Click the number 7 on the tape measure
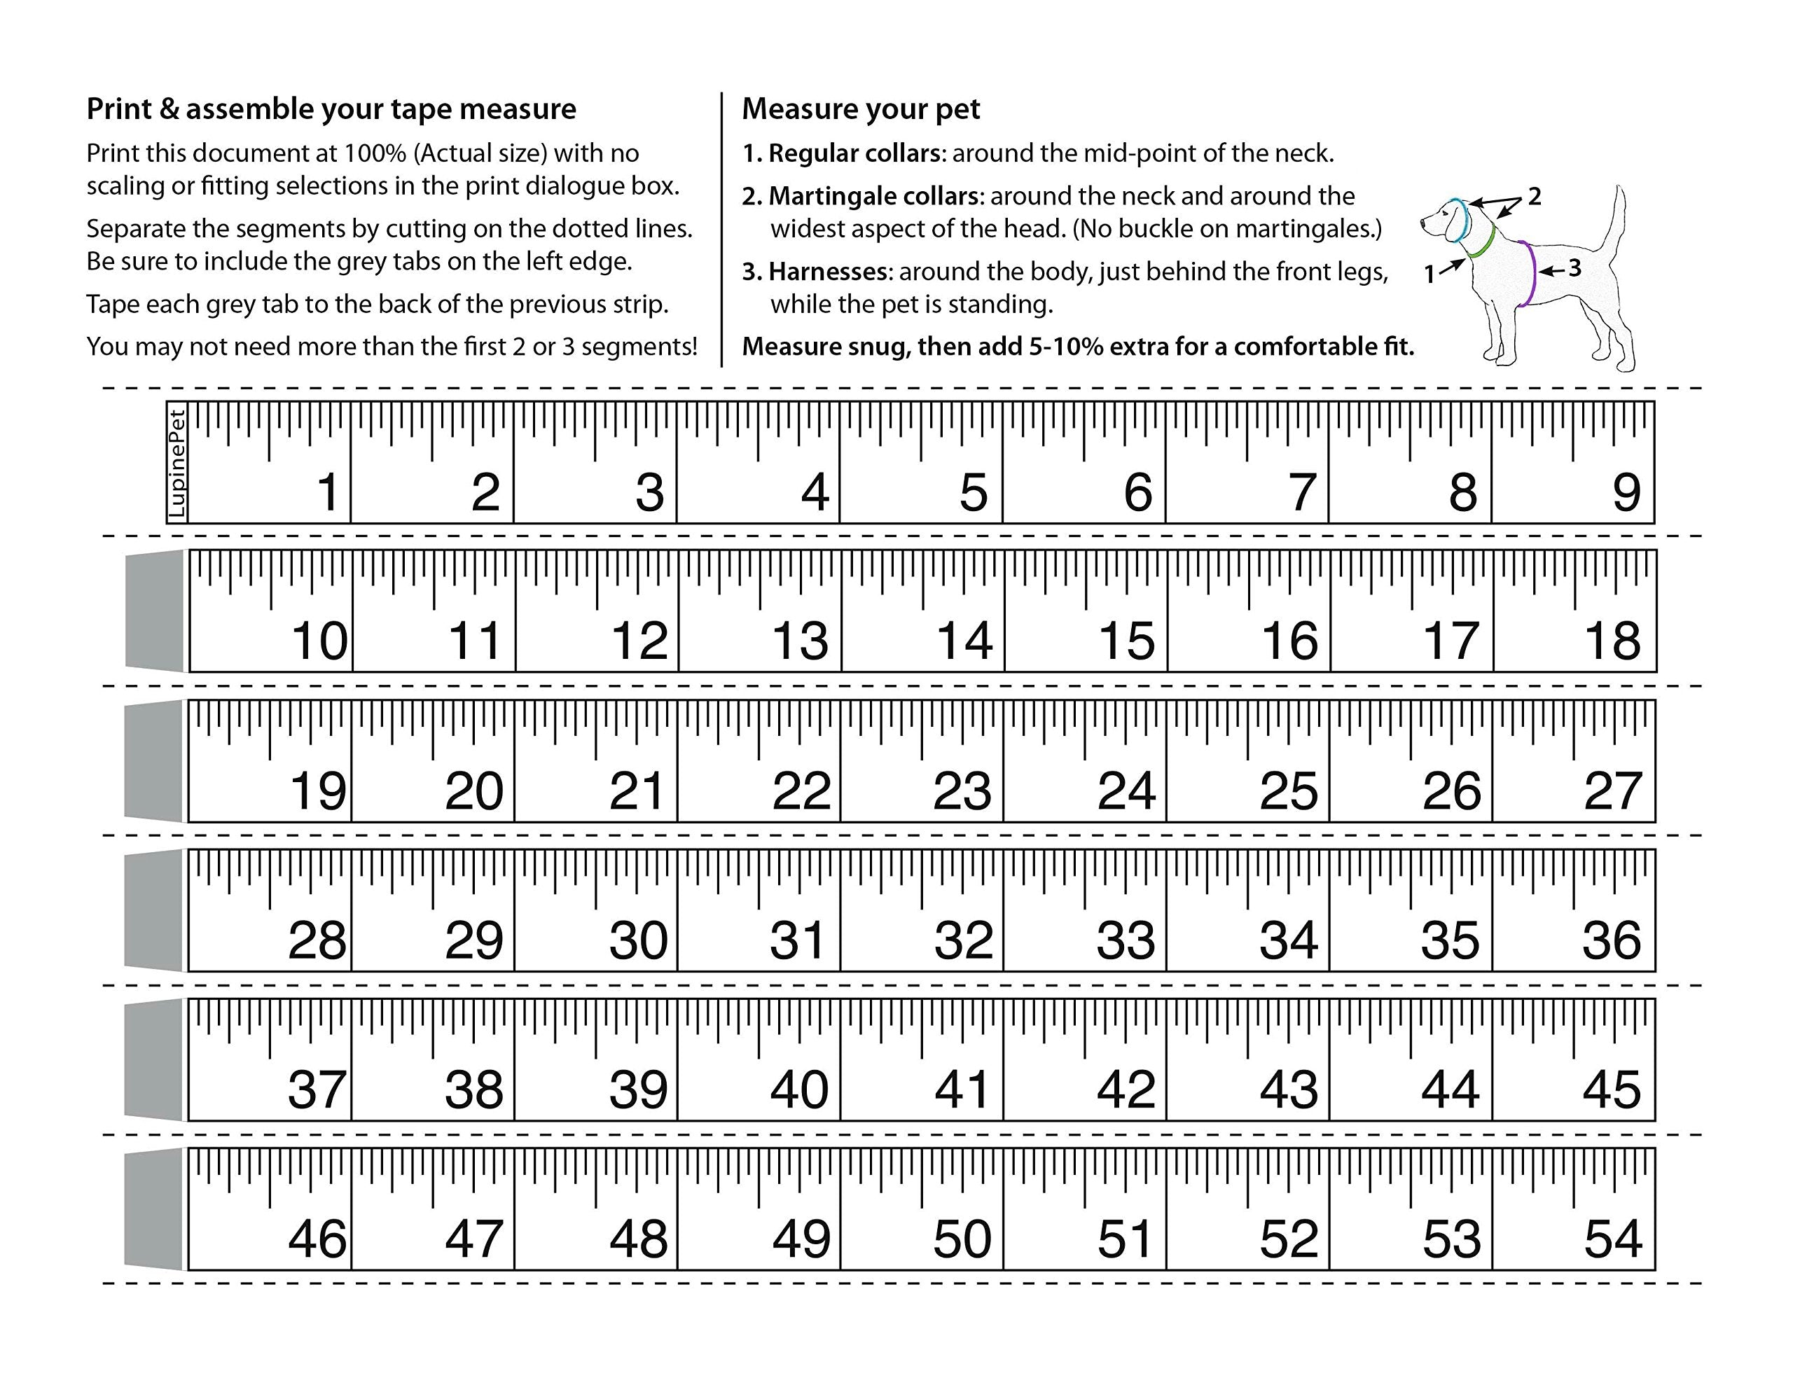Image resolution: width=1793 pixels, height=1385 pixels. click(x=1301, y=492)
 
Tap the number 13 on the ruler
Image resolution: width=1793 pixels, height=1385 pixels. click(x=801, y=641)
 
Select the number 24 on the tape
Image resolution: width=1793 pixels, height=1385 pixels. click(x=1126, y=791)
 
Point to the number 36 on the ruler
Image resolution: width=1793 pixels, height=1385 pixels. click(x=1612, y=941)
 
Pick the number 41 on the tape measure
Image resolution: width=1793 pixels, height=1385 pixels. click(x=962, y=1090)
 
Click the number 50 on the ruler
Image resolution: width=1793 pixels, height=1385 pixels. click(x=962, y=1239)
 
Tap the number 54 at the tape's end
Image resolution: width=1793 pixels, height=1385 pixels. click(x=1612, y=1239)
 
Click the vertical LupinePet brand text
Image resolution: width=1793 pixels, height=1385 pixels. click(x=176, y=464)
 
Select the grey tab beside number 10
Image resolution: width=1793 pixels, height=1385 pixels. click(x=154, y=611)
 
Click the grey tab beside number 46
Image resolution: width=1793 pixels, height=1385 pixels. click(x=153, y=1209)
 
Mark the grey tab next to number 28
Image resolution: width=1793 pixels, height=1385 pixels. click(x=153, y=910)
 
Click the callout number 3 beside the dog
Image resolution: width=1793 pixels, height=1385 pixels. click(x=1574, y=268)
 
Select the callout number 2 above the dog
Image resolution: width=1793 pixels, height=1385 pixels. click(x=1534, y=196)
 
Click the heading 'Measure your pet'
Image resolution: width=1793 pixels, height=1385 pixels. click(x=860, y=109)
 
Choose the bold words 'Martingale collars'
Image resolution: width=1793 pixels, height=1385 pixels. click(x=874, y=196)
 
